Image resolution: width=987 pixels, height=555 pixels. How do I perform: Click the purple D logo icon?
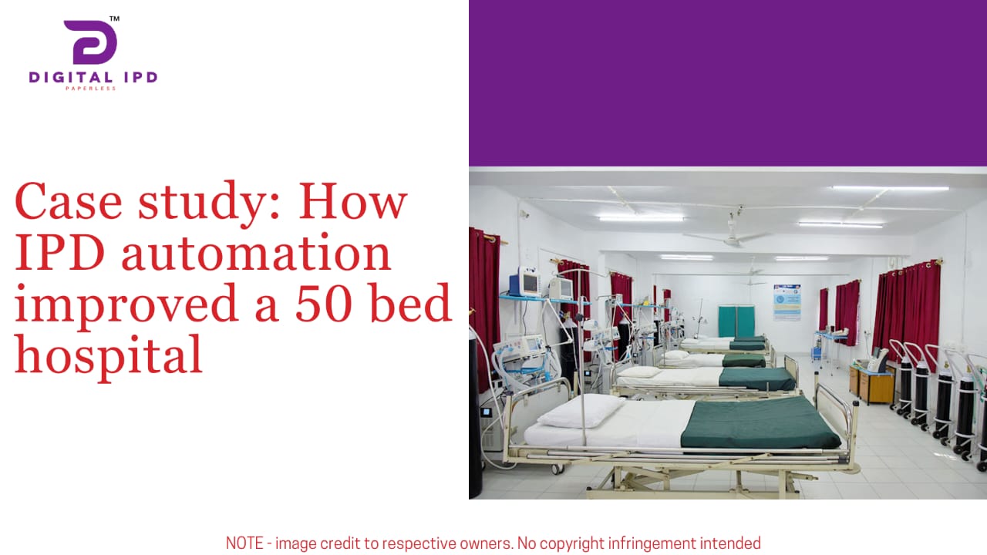pyautogui.click(x=90, y=42)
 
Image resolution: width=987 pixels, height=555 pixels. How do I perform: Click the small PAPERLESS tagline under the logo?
pyautogui.click(x=91, y=89)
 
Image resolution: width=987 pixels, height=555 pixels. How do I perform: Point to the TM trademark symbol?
pyautogui.click(x=115, y=18)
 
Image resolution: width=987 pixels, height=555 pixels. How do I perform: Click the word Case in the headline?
pyautogui.click(x=69, y=201)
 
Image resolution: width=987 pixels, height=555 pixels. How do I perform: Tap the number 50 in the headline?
pyautogui.click(x=324, y=303)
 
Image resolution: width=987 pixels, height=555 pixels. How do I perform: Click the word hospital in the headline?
pyautogui.click(x=109, y=356)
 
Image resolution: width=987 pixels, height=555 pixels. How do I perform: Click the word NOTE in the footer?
pyautogui.click(x=244, y=543)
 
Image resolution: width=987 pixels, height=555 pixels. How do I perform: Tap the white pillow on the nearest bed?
pyautogui.click(x=581, y=410)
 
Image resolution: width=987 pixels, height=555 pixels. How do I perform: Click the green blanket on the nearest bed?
pyautogui.click(x=759, y=423)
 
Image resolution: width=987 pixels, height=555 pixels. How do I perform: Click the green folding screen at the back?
pyautogui.click(x=736, y=321)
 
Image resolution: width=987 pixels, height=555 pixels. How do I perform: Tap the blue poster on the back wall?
pyautogui.click(x=787, y=302)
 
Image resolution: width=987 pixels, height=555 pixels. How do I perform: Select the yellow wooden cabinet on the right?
pyautogui.click(x=873, y=385)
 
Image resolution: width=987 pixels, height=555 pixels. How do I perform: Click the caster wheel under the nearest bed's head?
pyautogui.click(x=557, y=469)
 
